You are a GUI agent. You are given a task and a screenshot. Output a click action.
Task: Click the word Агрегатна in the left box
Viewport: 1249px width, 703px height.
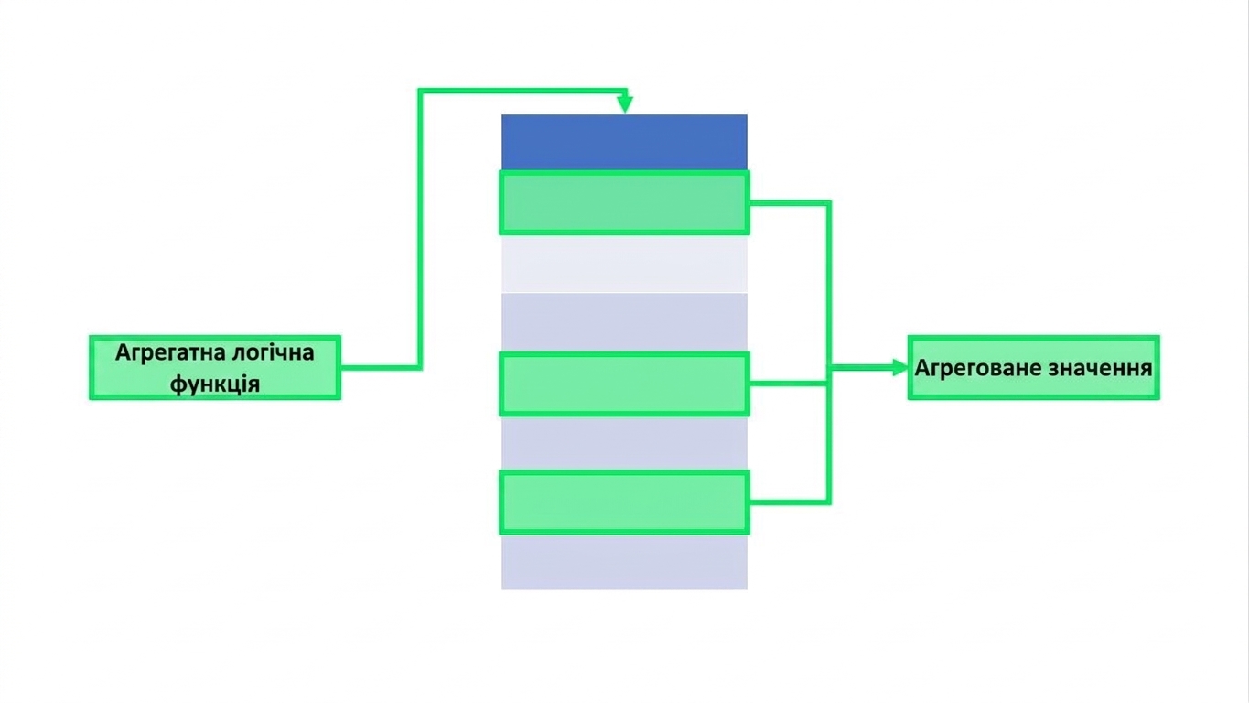coord(167,353)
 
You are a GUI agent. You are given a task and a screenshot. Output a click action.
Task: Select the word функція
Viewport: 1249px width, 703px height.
coord(215,384)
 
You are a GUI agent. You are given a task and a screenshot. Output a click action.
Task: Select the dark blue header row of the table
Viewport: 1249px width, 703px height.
coord(624,142)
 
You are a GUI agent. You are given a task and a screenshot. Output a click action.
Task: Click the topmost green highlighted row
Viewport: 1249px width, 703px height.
coord(624,202)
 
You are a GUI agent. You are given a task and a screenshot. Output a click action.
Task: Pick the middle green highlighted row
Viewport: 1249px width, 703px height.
coord(624,384)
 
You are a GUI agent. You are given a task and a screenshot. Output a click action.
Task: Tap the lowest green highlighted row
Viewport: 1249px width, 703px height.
coord(624,503)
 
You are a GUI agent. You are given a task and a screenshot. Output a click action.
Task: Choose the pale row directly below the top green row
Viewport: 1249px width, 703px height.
coord(624,264)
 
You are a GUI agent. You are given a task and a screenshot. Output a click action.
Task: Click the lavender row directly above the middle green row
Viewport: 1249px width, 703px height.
coord(624,322)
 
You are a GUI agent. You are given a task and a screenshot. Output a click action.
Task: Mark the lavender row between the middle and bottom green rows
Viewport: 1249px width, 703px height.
coord(624,444)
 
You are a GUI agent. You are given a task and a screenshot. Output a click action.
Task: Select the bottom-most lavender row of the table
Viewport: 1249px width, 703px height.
coord(624,562)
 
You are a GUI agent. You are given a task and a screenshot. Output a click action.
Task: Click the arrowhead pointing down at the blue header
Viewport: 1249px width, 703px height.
coord(625,104)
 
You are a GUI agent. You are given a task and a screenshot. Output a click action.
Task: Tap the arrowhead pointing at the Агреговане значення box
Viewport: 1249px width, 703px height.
coord(900,368)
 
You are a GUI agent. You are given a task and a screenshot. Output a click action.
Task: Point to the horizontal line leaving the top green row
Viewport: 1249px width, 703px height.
coord(790,203)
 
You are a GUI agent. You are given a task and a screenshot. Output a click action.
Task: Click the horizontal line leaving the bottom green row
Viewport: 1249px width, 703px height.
coord(790,503)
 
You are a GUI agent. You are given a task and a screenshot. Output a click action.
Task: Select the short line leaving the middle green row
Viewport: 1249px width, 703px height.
coord(788,384)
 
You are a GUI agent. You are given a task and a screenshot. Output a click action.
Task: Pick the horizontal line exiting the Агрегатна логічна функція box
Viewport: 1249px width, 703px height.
coord(379,368)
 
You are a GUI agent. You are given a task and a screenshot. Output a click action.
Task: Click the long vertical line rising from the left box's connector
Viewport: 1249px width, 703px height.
coord(420,229)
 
